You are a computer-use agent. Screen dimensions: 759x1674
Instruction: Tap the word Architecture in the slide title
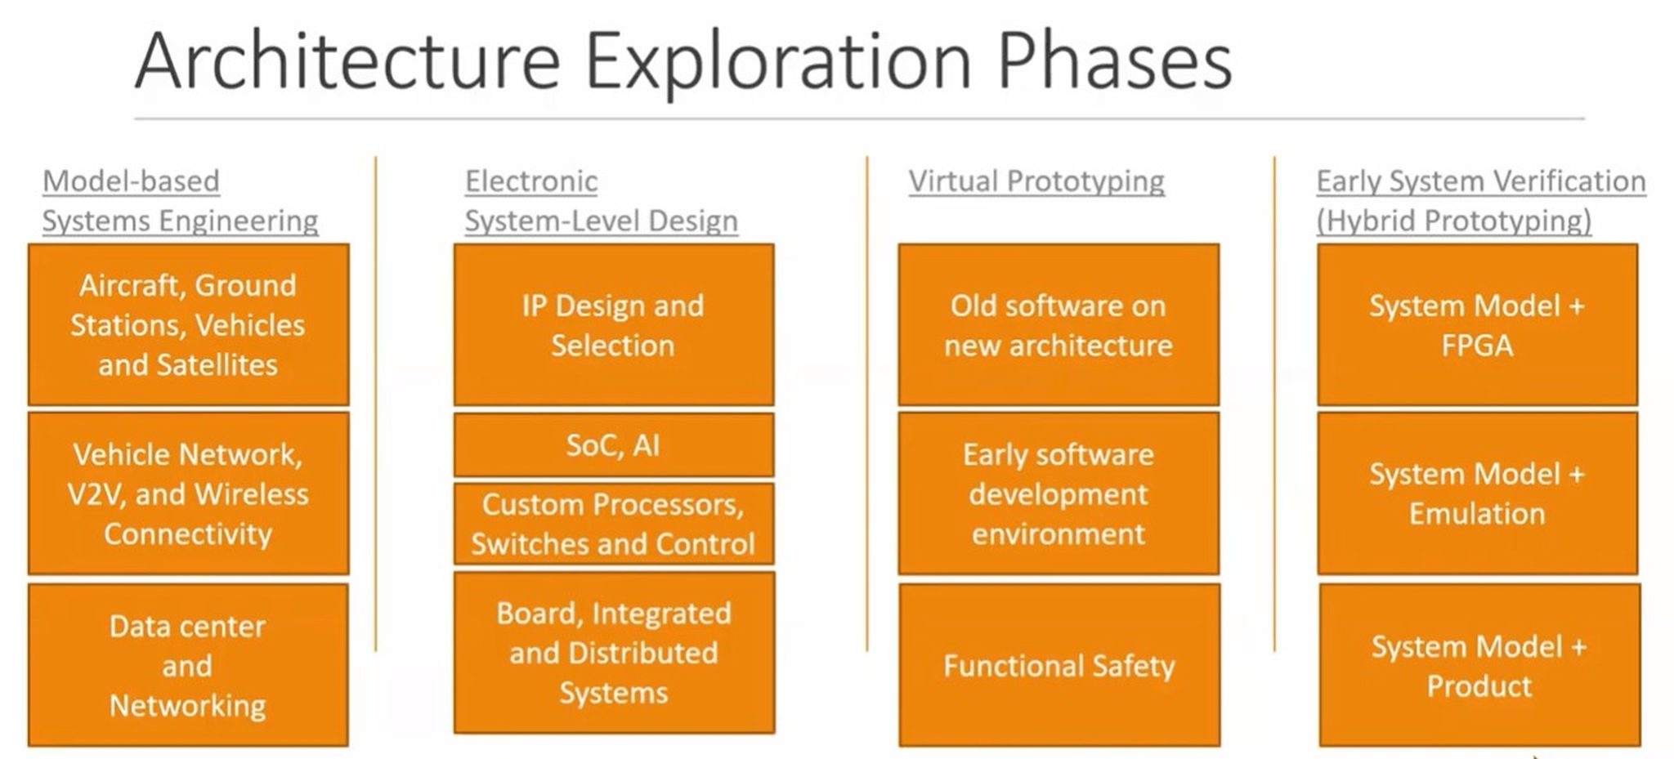(347, 62)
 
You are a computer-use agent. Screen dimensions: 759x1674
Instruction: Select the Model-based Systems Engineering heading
(180, 201)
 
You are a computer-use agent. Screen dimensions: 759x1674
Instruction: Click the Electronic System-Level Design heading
(601, 201)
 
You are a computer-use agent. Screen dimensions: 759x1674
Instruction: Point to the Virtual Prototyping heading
(1036, 181)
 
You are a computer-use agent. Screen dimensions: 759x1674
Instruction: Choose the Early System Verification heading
(1480, 181)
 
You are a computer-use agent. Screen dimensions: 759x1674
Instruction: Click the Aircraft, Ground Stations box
(188, 324)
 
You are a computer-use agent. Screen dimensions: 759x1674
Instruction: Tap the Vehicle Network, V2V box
(188, 493)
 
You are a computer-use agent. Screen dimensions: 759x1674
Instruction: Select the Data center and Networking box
(188, 665)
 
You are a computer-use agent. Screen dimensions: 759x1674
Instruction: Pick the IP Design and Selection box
(613, 324)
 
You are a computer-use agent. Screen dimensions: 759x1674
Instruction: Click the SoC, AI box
(613, 445)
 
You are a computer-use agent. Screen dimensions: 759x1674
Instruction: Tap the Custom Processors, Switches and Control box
(613, 524)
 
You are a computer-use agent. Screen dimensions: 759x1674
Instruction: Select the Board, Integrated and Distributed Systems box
(613, 652)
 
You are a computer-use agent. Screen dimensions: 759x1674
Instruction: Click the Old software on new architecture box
(1059, 324)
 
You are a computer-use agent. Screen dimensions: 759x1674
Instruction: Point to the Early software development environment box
(1059, 493)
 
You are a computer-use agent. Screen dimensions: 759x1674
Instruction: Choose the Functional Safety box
(1059, 665)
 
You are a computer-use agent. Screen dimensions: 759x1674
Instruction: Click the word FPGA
(1477, 346)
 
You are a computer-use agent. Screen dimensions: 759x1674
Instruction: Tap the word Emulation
(1477, 514)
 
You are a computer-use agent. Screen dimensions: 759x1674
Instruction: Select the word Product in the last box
(1479, 686)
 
